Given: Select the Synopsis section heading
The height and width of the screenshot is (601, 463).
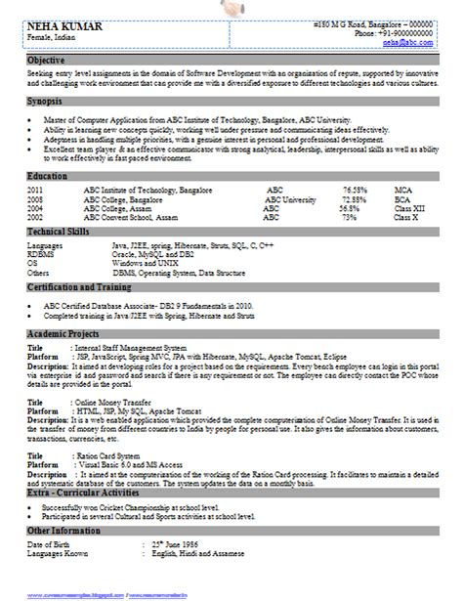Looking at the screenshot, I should coord(45,101).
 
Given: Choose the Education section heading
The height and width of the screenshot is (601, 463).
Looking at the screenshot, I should coord(47,175).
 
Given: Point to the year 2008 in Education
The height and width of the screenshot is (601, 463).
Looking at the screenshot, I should coord(35,197).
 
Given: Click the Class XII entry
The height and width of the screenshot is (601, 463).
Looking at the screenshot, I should coord(407,207).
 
